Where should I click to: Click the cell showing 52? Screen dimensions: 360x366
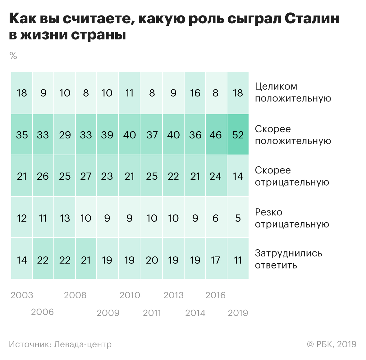coord(238,135)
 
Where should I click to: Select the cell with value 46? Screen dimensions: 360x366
coord(216,135)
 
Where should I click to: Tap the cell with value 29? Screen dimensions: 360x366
coord(65,135)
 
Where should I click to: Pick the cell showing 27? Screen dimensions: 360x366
coord(86,176)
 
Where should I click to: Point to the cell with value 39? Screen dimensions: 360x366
coord(107,135)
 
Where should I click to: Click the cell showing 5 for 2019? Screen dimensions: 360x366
coord(238,218)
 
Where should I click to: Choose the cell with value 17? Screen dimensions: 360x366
coord(216,260)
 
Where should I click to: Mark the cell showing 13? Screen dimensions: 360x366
coord(65,218)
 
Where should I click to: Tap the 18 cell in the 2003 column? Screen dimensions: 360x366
coord(22,93)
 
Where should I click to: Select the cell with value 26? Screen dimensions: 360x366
coord(43,176)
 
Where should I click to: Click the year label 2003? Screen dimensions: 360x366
coord(22,295)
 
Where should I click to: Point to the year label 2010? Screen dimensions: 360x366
coord(130,295)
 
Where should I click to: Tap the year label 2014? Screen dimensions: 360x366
coord(195,313)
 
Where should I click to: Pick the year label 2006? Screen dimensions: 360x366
coord(43,312)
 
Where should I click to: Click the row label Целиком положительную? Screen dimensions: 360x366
coord(293,92)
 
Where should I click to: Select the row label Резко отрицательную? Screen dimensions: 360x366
coord(292,218)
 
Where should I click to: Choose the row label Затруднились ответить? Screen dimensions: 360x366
coord(289,259)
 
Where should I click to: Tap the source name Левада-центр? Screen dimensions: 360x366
coord(83,344)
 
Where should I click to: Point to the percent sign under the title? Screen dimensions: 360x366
coord(13,56)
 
